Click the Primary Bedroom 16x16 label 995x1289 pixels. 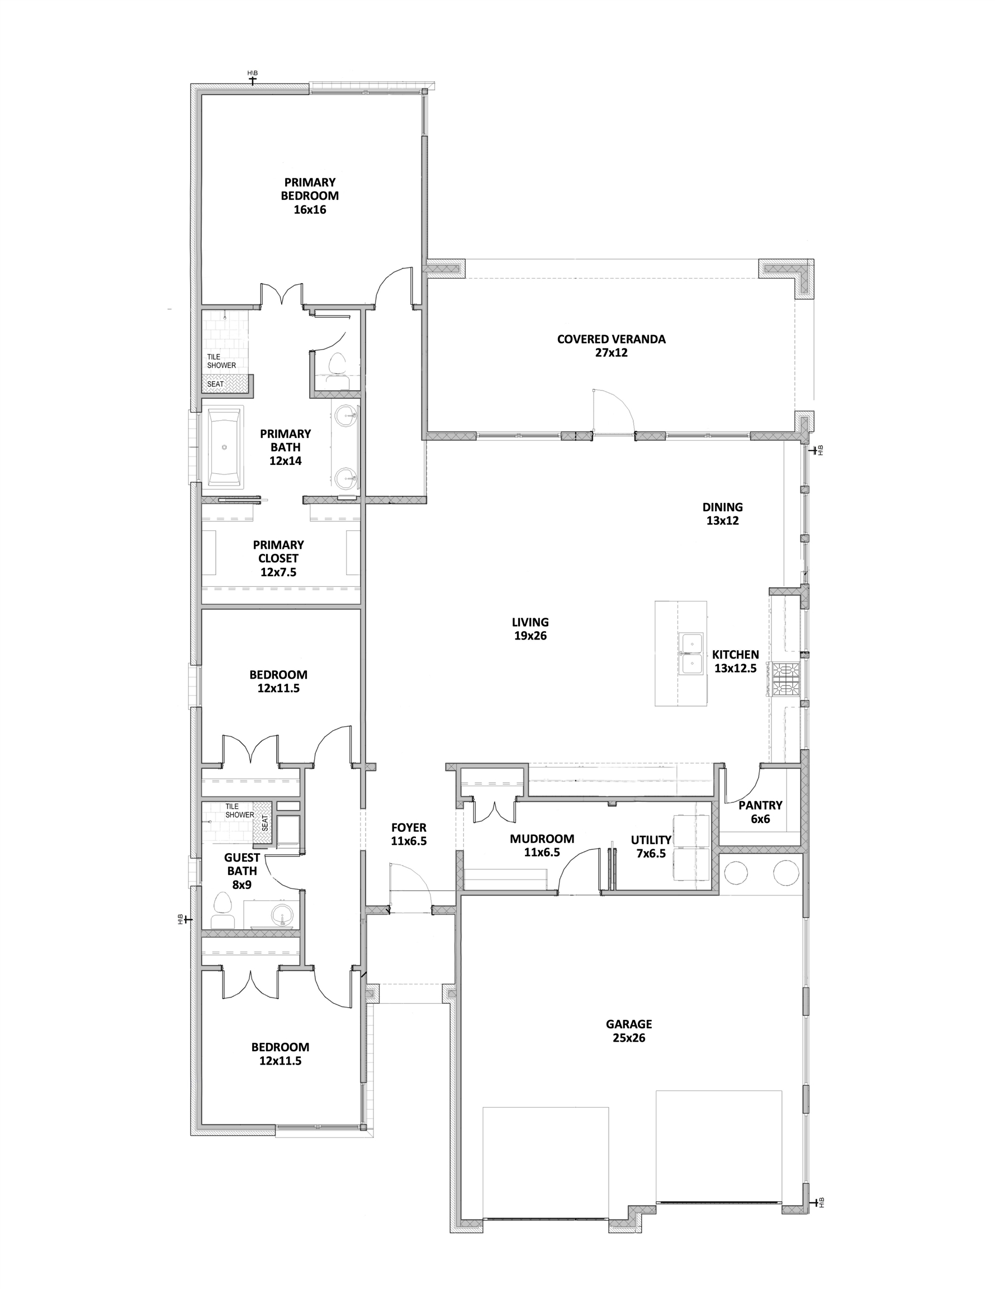pyautogui.click(x=310, y=196)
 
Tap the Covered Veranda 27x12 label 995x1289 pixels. pyautogui.click(x=611, y=346)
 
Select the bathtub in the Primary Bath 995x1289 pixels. pyautogui.click(x=225, y=448)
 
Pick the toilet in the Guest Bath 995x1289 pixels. pyautogui.click(x=222, y=911)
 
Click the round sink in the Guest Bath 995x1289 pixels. pyautogui.click(x=281, y=915)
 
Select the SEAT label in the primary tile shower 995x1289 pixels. pyautogui.click(x=215, y=384)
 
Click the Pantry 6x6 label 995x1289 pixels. pyautogui.click(x=760, y=812)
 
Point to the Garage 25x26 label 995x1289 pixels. pyautogui.click(x=629, y=1031)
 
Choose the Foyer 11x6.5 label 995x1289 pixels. pyautogui.click(x=409, y=835)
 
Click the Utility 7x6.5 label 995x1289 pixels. pyautogui.click(x=651, y=846)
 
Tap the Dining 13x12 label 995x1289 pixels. pyautogui.click(x=723, y=514)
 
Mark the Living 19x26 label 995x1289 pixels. pyautogui.click(x=530, y=629)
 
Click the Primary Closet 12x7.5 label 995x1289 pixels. pyautogui.click(x=278, y=558)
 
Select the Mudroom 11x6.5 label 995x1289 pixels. pyautogui.click(x=542, y=845)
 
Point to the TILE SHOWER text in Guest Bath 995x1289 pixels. pyautogui.click(x=239, y=810)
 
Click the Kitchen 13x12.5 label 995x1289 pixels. pyautogui.click(x=736, y=661)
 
